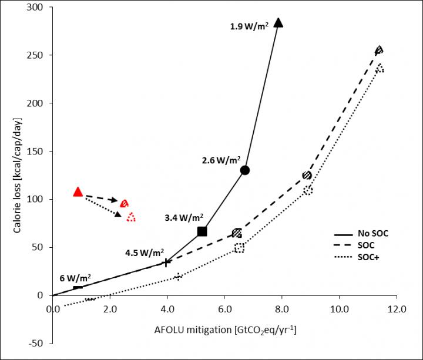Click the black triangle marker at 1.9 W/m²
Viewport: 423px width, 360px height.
point(279,23)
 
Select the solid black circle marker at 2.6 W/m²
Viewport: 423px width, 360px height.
point(245,170)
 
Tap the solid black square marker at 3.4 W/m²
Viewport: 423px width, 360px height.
point(202,231)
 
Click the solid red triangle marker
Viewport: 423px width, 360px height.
point(78,192)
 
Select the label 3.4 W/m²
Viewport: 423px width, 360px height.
point(184,217)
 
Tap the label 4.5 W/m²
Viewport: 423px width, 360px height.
point(144,253)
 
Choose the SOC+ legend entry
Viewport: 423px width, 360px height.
point(368,257)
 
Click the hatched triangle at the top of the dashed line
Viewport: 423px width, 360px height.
point(379,51)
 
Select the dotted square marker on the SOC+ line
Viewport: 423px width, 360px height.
point(239,248)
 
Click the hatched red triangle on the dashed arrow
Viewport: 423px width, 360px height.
point(124,204)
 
